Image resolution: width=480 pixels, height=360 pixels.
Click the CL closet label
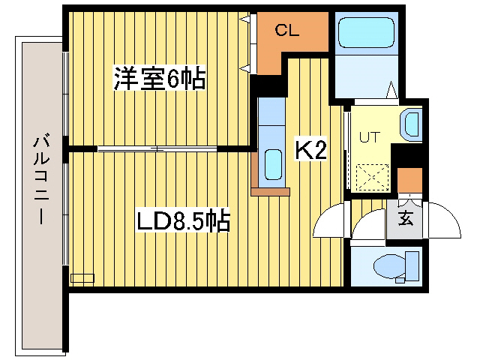tap(287, 31)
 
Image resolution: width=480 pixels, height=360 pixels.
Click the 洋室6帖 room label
tap(160, 79)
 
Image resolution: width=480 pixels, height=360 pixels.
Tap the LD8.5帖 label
tap(182, 221)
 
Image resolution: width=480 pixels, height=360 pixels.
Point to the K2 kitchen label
tap(310, 150)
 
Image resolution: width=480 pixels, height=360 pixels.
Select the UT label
tap(369, 137)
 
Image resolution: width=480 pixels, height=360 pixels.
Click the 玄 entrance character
tap(405, 219)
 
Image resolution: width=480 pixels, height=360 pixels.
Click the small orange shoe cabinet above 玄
tap(409, 181)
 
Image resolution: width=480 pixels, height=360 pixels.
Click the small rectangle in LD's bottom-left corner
tap(82, 277)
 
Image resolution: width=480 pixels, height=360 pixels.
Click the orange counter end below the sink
tap(270, 192)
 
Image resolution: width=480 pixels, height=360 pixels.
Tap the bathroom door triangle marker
tap(391, 91)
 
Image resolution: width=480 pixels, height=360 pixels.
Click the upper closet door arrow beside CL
tap(244, 21)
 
